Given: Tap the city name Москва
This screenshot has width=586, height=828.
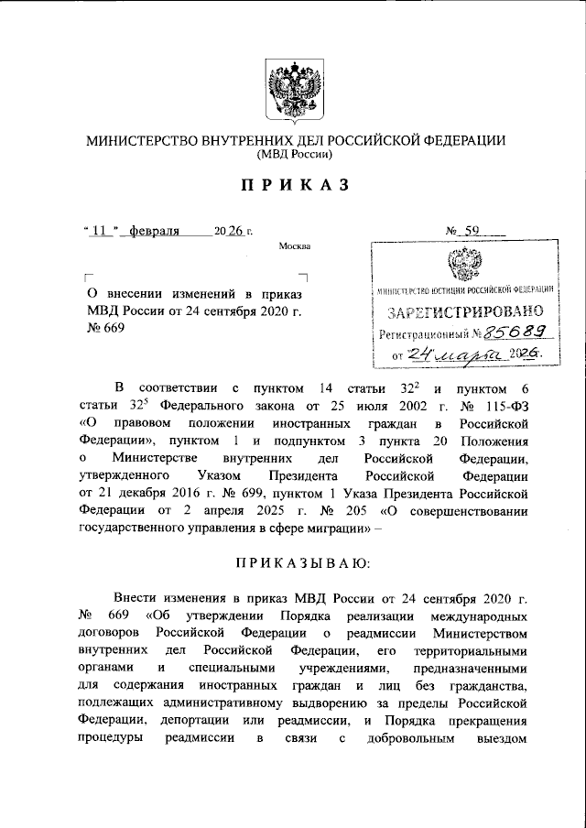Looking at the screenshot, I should [295, 246].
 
